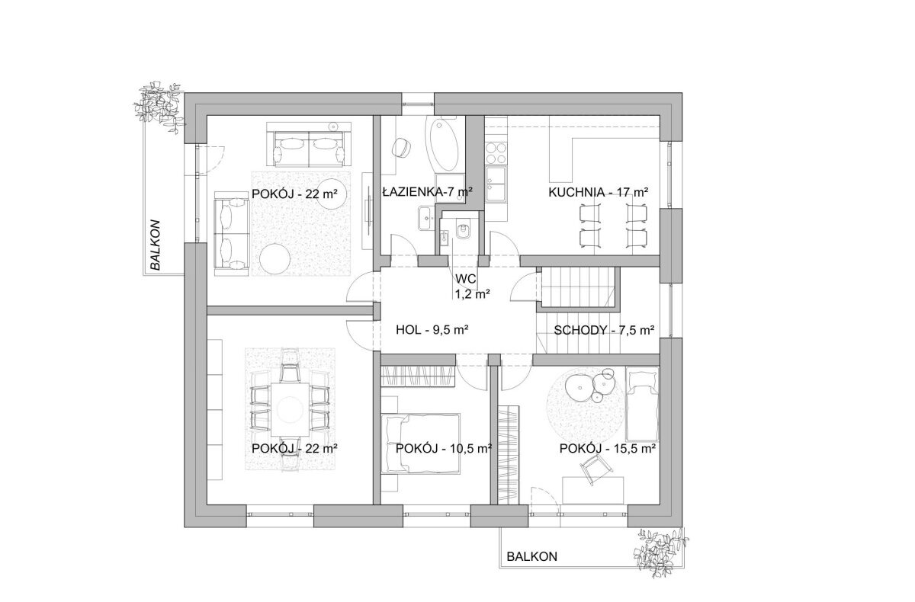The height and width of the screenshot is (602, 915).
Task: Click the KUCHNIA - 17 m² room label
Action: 599,192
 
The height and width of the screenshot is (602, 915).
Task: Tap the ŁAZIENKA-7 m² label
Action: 428,192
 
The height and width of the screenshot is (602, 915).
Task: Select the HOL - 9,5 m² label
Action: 432,330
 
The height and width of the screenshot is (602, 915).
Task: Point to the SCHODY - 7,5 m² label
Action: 604,330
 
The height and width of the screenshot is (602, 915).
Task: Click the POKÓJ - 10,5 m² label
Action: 444,449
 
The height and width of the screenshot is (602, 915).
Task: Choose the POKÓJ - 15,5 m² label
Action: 608,449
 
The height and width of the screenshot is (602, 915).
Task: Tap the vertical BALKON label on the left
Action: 156,245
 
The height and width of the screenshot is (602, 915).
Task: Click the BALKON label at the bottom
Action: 532,557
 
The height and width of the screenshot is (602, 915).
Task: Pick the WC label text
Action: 466,279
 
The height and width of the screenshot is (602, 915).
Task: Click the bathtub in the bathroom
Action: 442,145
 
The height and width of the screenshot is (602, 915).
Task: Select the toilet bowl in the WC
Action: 464,231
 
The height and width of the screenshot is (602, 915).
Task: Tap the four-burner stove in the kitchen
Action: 496,152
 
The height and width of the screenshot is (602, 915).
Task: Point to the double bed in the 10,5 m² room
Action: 421,443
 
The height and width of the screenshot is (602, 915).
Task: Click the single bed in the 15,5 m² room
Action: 642,404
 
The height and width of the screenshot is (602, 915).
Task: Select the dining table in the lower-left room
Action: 290,409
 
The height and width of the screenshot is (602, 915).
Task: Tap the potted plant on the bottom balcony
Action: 660,552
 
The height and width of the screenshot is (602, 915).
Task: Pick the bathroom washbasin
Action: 427,219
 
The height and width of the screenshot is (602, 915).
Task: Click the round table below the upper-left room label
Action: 275,259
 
